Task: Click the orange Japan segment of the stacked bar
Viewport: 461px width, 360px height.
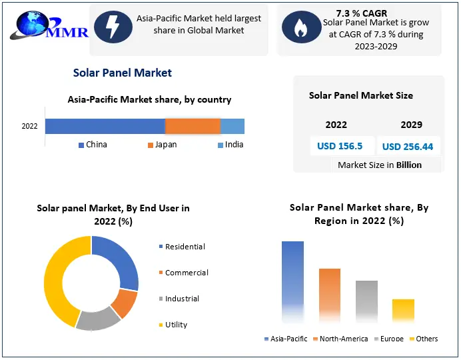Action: [193, 126]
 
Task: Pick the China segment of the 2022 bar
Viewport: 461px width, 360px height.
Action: [105, 126]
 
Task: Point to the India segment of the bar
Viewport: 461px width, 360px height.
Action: [232, 126]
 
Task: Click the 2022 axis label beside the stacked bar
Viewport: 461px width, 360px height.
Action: [29, 126]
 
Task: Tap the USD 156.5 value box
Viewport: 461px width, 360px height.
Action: [340, 147]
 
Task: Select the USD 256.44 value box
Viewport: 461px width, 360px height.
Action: [407, 147]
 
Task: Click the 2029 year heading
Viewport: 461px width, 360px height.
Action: [411, 125]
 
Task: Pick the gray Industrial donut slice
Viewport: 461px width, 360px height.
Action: [98, 321]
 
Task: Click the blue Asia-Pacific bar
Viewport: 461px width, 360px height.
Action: [292, 280]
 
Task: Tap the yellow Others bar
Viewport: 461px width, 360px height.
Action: [403, 311]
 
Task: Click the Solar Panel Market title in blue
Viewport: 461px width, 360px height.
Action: [123, 73]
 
